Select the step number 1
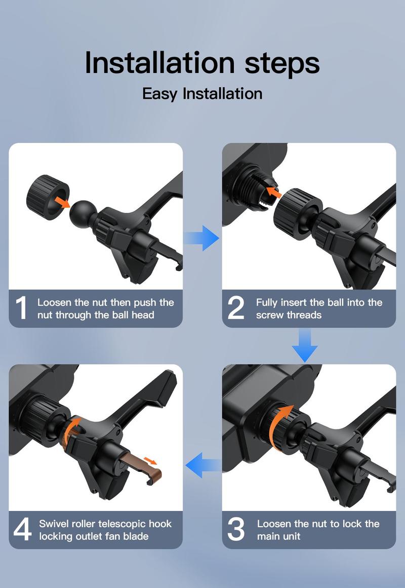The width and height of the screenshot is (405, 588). pos(21,308)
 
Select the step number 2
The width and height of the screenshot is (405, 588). pos(235,308)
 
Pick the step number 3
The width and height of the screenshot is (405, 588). pos(236,530)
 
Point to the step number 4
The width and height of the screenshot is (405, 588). pos(22,530)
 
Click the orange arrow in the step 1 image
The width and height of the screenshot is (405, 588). pos(62,202)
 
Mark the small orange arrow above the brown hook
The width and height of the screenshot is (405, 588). pos(150,460)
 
